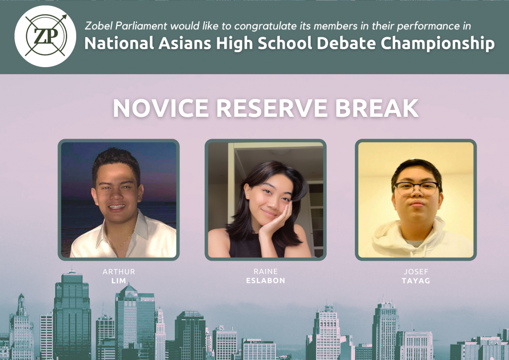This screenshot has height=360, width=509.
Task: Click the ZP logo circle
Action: click(x=45, y=36)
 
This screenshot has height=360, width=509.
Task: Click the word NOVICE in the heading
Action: click(x=161, y=108)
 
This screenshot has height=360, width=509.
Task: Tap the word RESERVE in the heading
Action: click(x=272, y=108)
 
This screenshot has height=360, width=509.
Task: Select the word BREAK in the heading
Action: click(x=377, y=108)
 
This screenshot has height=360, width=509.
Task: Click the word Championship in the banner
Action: click(x=437, y=43)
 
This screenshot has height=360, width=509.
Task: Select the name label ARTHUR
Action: click(x=119, y=271)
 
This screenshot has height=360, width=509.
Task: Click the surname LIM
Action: click(x=119, y=281)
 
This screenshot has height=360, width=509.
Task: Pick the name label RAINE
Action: click(x=265, y=271)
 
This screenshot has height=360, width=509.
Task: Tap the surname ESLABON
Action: click(x=265, y=280)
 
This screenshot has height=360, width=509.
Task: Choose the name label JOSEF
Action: click(x=416, y=271)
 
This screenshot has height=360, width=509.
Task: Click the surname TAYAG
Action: click(x=416, y=281)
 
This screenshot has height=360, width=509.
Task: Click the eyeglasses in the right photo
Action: click(x=417, y=188)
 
